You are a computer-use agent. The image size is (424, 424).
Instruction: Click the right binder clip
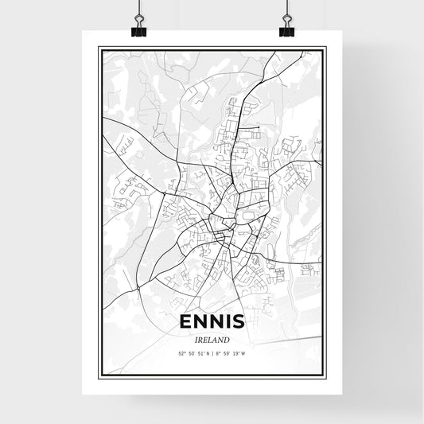click(x=286, y=28)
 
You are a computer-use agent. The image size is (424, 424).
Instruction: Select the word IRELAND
click(x=212, y=338)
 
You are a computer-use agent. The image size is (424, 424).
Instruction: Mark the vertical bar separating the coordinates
click(x=213, y=352)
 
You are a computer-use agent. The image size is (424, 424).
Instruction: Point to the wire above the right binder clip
click(x=286, y=8)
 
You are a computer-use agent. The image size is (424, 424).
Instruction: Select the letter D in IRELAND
click(x=228, y=338)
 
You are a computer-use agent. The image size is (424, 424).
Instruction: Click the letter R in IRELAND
click(x=200, y=338)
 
